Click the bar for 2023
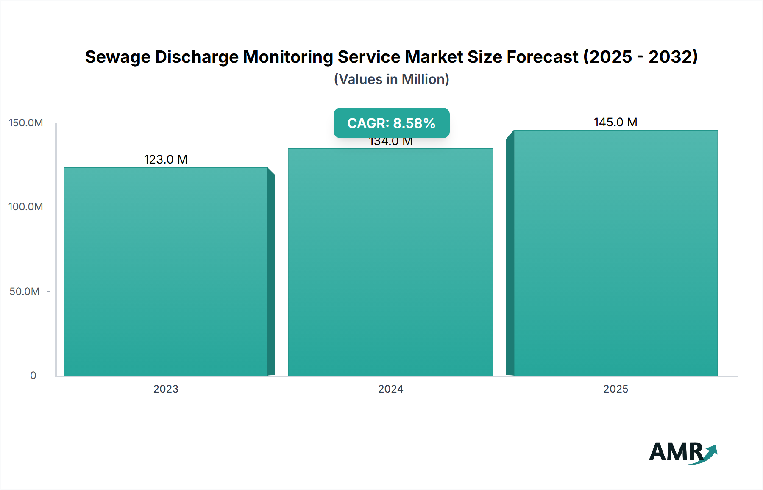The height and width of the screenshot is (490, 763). [165, 271]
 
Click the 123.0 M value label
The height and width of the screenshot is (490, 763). [166, 159]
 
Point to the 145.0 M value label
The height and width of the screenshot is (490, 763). [615, 122]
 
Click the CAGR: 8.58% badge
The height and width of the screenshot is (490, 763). [391, 123]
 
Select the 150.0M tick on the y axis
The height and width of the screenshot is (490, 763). [26, 123]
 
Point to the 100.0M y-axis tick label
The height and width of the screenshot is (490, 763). [26, 207]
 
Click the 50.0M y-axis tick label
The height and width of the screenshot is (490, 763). [25, 292]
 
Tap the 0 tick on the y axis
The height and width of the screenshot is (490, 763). [33, 376]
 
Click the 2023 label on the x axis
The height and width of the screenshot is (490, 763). [166, 389]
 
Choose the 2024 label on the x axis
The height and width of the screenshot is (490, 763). [390, 389]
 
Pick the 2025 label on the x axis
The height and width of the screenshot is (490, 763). [615, 389]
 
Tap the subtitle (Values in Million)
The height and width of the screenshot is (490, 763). [391, 79]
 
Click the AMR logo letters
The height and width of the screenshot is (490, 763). [676, 452]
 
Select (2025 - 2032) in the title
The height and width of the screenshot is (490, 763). [640, 57]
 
